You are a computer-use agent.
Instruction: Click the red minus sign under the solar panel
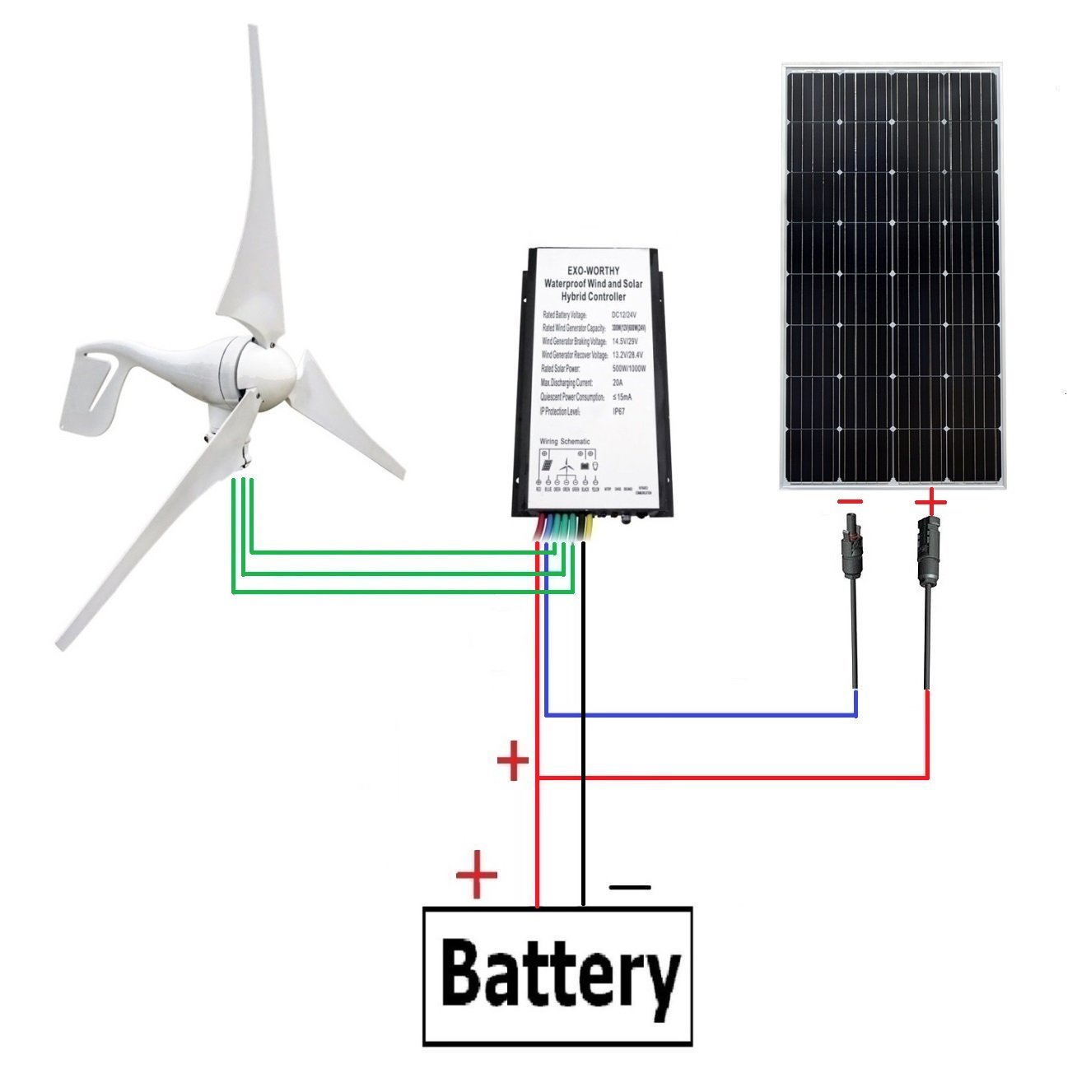pos(851,501)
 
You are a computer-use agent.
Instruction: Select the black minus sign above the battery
pos(629,887)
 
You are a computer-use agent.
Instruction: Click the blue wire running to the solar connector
pos(700,716)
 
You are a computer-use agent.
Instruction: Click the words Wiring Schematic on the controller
pos(565,442)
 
